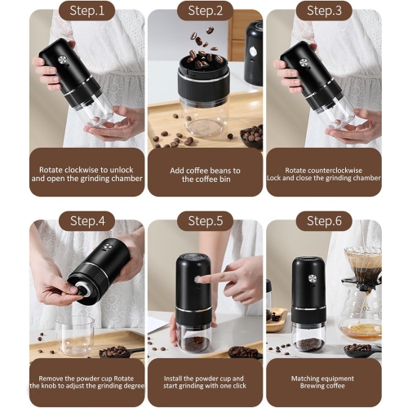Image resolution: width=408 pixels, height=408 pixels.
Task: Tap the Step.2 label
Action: click(x=205, y=11)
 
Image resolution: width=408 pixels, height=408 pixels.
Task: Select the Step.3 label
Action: click(x=324, y=11)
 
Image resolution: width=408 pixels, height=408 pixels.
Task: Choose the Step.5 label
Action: click(x=205, y=220)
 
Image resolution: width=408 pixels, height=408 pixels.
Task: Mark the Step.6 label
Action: click(x=324, y=220)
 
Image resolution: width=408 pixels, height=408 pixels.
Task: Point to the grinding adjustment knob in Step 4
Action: click(x=82, y=290)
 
